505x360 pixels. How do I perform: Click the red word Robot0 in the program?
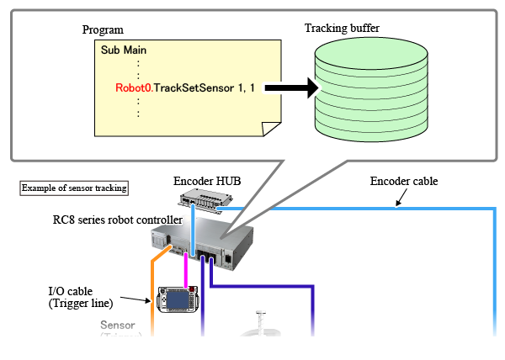click(133, 87)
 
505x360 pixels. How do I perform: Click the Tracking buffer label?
click(342, 28)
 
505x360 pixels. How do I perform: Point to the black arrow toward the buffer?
click(285, 87)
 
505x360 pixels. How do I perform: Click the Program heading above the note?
click(103, 30)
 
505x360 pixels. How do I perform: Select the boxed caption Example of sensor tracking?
click(73, 188)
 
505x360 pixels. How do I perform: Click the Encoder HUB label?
click(205, 181)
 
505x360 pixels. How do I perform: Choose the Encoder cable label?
click(404, 181)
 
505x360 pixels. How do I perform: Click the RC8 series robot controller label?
click(117, 220)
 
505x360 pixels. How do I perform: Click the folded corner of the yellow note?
click(270, 130)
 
